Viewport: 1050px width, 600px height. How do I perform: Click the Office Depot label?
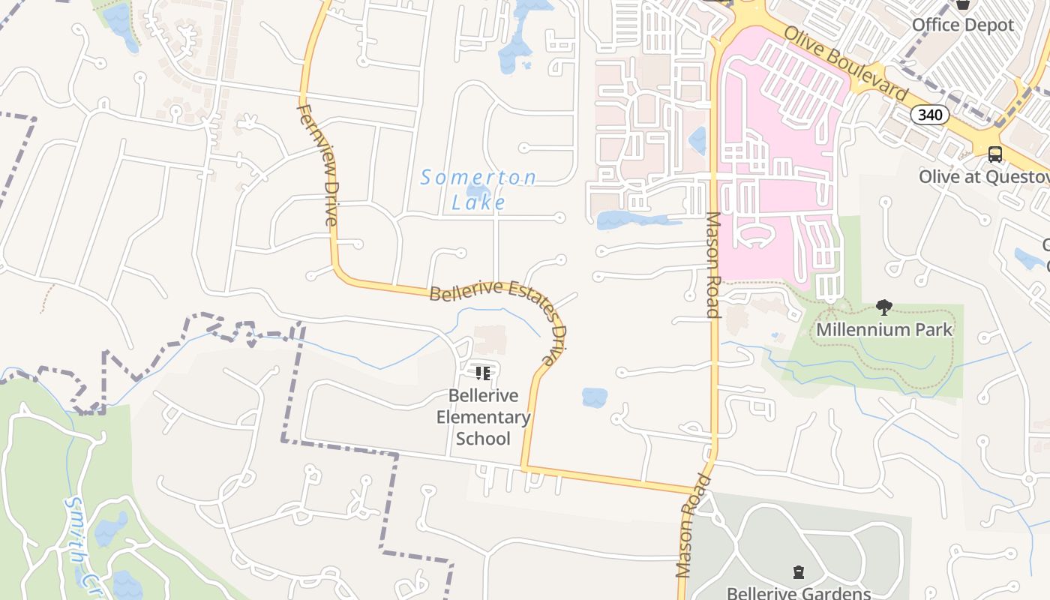[x=962, y=25]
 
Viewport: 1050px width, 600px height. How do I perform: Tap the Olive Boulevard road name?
[x=846, y=63]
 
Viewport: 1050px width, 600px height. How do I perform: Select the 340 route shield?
[x=930, y=115]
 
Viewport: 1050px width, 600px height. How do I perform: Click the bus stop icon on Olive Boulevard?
[x=995, y=154]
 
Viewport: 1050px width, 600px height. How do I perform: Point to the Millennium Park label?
[x=884, y=329]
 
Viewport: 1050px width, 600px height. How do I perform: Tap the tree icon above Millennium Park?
[x=884, y=307]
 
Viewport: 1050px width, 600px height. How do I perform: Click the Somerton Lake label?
[x=478, y=189]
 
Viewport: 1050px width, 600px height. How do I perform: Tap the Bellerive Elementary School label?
[x=483, y=417]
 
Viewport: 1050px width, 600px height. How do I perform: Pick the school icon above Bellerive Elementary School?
[x=483, y=373]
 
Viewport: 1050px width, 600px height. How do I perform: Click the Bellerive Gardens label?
[x=799, y=592]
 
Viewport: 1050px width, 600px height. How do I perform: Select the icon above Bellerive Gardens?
[x=799, y=572]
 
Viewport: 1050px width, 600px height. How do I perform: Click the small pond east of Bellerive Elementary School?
[x=594, y=397]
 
